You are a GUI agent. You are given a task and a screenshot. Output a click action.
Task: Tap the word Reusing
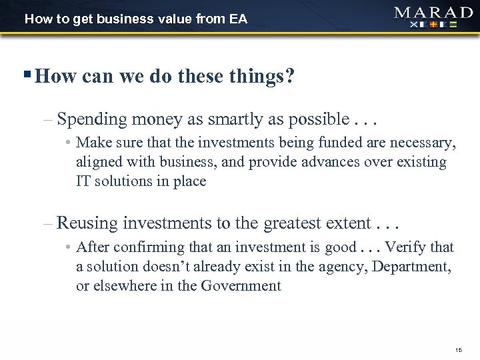point(87,223)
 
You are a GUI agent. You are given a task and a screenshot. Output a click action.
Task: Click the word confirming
point(144,247)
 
